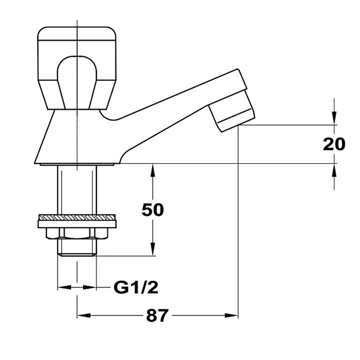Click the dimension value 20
point(334,144)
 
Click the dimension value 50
point(153,210)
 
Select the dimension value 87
point(157,315)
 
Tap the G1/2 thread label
point(136,287)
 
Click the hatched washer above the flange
point(77,217)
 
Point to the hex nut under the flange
point(77,233)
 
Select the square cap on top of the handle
point(77,34)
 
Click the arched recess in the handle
point(77,82)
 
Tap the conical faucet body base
point(77,137)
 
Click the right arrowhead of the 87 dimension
point(231,315)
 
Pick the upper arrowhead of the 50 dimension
point(153,170)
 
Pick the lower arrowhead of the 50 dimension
point(153,249)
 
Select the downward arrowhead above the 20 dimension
point(334,118)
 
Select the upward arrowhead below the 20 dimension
point(334,170)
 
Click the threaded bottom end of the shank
point(77,247)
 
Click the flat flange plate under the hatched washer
point(77,224)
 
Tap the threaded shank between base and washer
point(77,190)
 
